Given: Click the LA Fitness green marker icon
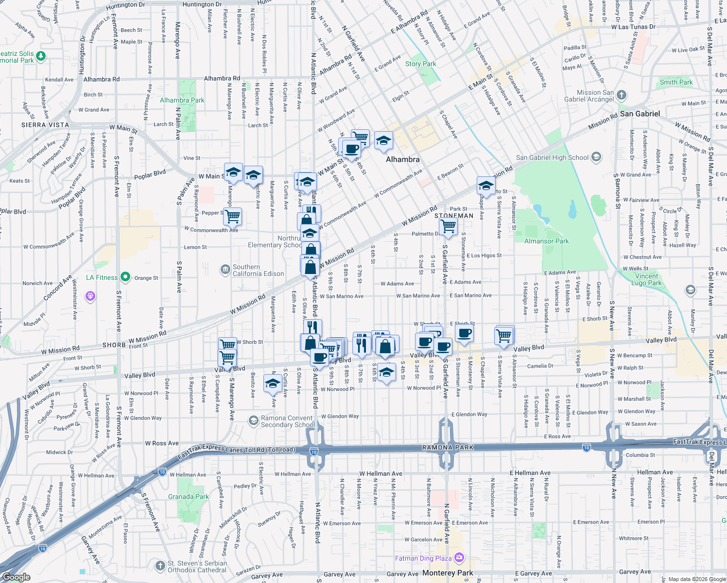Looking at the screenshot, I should pyautogui.click(x=125, y=277).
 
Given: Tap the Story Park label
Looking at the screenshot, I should pyautogui.click(x=420, y=64).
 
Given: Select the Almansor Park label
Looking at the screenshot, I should pyautogui.click(x=546, y=241).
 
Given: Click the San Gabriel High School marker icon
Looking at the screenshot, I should pyautogui.click(x=596, y=157).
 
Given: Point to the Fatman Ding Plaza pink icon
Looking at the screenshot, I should pyautogui.click(x=459, y=558).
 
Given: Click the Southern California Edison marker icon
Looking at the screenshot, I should pyautogui.click(x=225, y=270).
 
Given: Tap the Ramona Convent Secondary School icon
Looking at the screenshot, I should pyautogui.click(x=253, y=421).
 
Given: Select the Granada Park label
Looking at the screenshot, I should pyautogui.click(x=188, y=497).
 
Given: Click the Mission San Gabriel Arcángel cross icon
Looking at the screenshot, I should pyautogui.click(x=622, y=95).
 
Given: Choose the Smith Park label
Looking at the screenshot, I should pyautogui.click(x=676, y=82).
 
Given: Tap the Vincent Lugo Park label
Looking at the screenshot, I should pyautogui.click(x=647, y=279).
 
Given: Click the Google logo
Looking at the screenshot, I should pyautogui.click(x=17, y=577).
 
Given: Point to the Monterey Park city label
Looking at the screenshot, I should pyautogui.click(x=448, y=573).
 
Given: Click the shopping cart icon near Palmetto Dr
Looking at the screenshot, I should pyautogui.click(x=448, y=225).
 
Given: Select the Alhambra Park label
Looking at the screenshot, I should pyautogui.click(x=182, y=100).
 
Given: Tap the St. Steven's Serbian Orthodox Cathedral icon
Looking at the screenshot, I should pyautogui.click(x=160, y=566).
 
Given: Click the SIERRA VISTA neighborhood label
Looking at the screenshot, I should pyautogui.click(x=45, y=125).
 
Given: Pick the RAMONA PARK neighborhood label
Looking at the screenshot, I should pyautogui.click(x=448, y=447).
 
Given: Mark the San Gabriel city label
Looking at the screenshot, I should pyautogui.click(x=640, y=114).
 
